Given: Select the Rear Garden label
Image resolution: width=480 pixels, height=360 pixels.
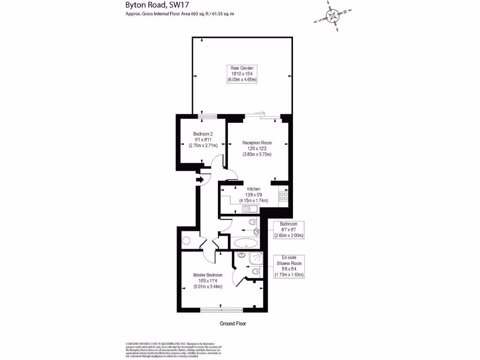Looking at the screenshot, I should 242,68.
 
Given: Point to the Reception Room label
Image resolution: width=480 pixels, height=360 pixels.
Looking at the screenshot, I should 257,142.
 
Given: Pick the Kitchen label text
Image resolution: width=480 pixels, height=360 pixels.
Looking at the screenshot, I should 254,189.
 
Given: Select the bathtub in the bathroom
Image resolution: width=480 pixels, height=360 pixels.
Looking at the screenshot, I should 245,243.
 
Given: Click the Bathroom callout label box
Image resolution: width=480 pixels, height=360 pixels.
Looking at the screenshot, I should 289,230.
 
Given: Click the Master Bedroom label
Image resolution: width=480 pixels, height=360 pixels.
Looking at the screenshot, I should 208,275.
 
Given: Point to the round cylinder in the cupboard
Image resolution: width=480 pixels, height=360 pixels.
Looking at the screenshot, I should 186,241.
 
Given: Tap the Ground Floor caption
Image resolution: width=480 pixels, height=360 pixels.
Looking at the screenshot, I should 233,324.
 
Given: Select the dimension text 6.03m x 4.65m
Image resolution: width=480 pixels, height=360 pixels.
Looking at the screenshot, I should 242,80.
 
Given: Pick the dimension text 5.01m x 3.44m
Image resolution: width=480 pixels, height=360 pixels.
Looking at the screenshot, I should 208,286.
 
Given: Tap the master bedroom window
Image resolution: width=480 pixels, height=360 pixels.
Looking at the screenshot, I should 221,309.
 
